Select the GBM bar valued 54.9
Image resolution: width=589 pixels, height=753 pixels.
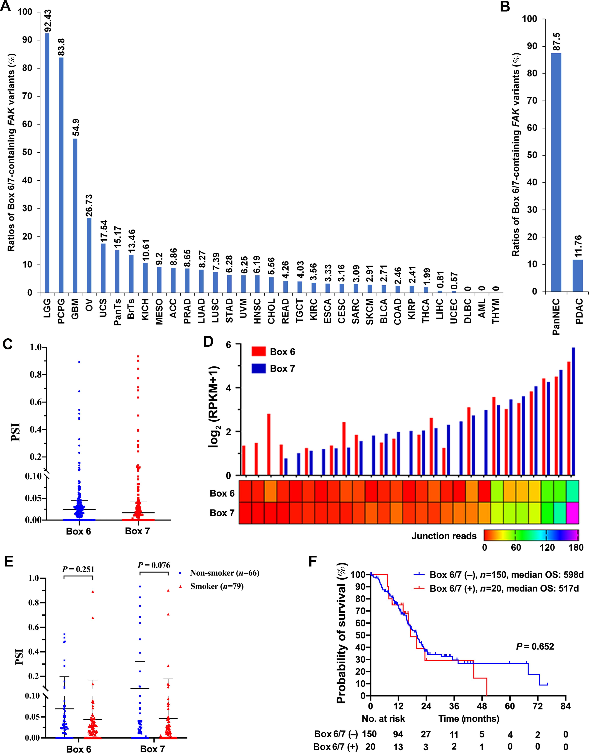(75, 215)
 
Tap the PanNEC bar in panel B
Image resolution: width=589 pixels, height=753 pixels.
(556, 172)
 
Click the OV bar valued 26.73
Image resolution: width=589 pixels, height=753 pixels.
(89, 255)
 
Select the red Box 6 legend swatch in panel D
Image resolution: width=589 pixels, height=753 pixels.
(259, 352)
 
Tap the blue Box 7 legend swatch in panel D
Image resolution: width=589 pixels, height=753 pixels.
(259, 369)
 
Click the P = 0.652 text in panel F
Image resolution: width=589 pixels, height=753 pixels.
(535, 646)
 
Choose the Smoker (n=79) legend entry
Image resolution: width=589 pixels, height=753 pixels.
(217, 586)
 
